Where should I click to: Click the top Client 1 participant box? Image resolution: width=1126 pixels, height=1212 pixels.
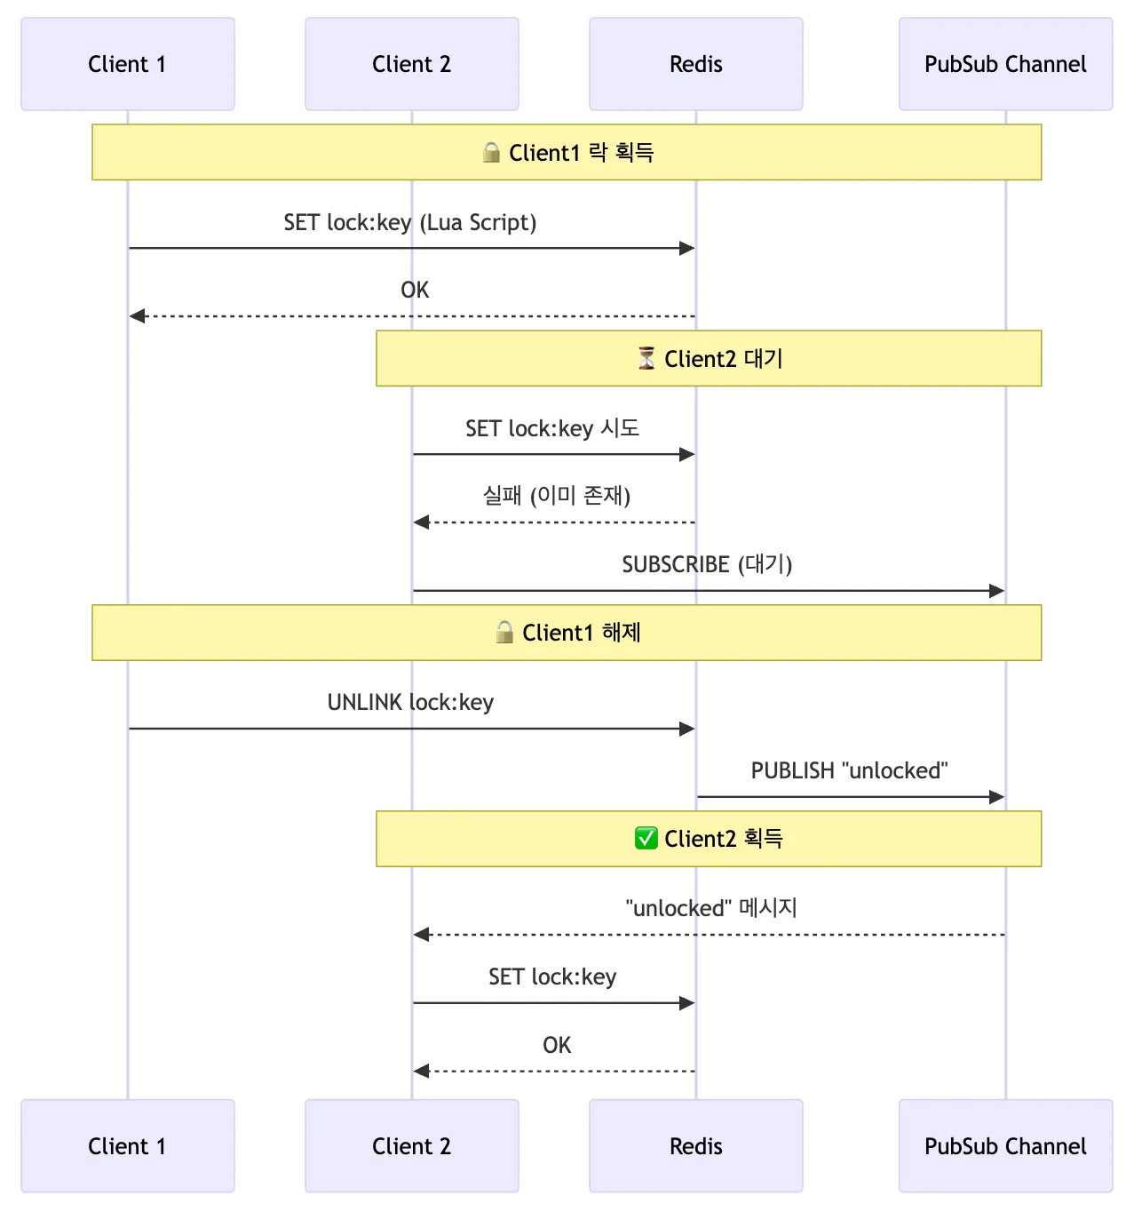[x=128, y=64]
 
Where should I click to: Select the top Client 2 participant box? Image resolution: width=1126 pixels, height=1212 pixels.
[x=412, y=64]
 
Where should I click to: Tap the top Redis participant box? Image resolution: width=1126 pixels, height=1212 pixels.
[x=696, y=64]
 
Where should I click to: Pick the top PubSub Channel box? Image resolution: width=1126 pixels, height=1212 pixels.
[x=1005, y=64]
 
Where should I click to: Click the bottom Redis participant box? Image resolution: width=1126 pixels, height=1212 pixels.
[x=696, y=1145]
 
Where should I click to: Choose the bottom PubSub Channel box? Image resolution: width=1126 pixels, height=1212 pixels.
[x=1005, y=1145]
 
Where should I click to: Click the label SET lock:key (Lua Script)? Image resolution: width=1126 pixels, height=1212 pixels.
[x=410, y=223]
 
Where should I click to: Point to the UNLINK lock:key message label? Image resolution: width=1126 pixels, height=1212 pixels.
[x=410, y=703]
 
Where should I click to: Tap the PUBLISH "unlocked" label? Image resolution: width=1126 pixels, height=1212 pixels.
[x=850, y=770]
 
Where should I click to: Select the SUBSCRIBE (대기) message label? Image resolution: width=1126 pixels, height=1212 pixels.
[x=707, y=564]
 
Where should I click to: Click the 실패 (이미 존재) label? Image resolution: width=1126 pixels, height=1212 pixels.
[x=556, y=496]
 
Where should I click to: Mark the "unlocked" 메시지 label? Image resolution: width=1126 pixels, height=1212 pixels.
[x=711, y=908]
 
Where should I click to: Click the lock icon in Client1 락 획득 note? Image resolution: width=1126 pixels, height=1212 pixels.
[x=491, y=153]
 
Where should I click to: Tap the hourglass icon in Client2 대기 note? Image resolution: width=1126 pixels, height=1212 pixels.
[x=646, y=358]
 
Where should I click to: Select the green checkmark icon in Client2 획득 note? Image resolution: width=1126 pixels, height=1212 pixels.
[x=646, y=839]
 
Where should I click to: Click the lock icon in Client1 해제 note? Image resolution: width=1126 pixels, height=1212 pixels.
[x=504, y=633]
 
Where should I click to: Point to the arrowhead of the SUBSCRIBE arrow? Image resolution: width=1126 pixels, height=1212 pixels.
[x=996, y=591]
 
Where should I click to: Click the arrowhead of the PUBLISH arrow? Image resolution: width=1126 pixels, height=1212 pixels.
[x=996, y=797]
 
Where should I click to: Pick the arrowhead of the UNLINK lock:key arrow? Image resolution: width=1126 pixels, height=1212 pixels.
[x=687, y=729]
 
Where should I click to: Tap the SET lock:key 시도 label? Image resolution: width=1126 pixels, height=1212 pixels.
[x=552, y=428]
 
